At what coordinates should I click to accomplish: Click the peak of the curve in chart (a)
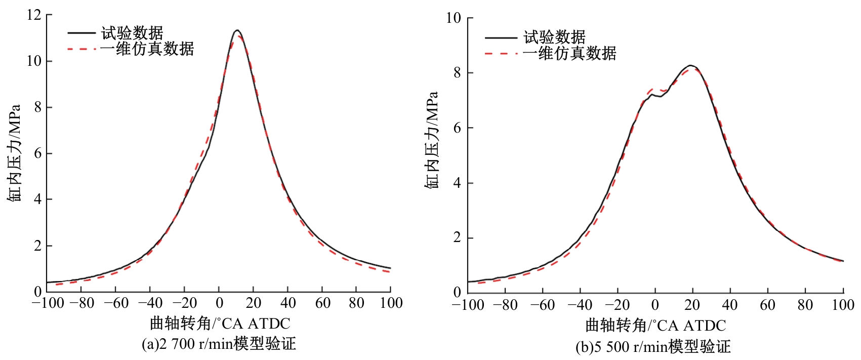point(236,30)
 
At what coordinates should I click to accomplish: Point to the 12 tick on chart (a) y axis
point(34,15)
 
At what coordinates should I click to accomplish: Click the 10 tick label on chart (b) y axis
point(454,18)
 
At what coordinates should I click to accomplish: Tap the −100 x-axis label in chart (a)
point(48,303)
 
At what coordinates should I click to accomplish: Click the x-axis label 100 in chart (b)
point(843,305)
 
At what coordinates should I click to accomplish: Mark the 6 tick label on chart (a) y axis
point(37,153)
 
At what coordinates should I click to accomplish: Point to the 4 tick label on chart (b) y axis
point(457,183)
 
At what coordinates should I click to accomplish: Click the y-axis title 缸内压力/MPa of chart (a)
point(14,153)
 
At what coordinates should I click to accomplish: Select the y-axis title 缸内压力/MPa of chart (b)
point(431,140)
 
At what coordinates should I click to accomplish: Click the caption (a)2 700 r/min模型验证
point(219,344)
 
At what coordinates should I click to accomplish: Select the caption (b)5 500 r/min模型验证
point(653,347)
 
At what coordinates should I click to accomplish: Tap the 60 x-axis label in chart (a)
point(322,303)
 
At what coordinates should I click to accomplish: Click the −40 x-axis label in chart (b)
point(580,305)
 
